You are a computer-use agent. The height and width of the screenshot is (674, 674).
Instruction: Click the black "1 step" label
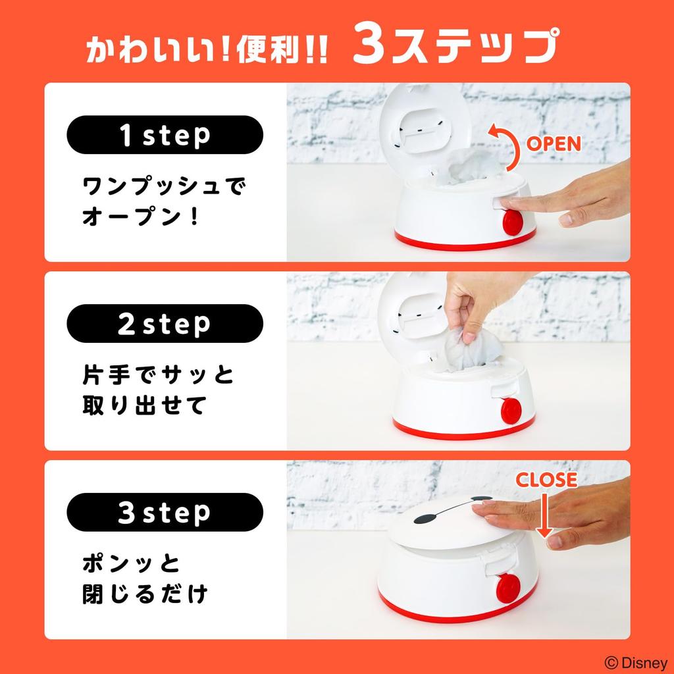click(x=165, y=135)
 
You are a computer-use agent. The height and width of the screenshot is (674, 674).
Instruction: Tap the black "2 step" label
click(x=165, y=323)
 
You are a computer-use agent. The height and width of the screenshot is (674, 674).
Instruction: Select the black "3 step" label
click(x=165, y=512)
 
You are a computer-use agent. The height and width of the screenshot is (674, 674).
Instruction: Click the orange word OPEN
click(x=554, y=144)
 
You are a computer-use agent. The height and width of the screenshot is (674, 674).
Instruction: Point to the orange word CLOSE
click(x=546, y=480)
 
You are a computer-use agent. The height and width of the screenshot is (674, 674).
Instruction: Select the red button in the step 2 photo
click(x=511, y=411)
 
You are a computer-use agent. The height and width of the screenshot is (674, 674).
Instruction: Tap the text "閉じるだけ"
click(x=145, y=594)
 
